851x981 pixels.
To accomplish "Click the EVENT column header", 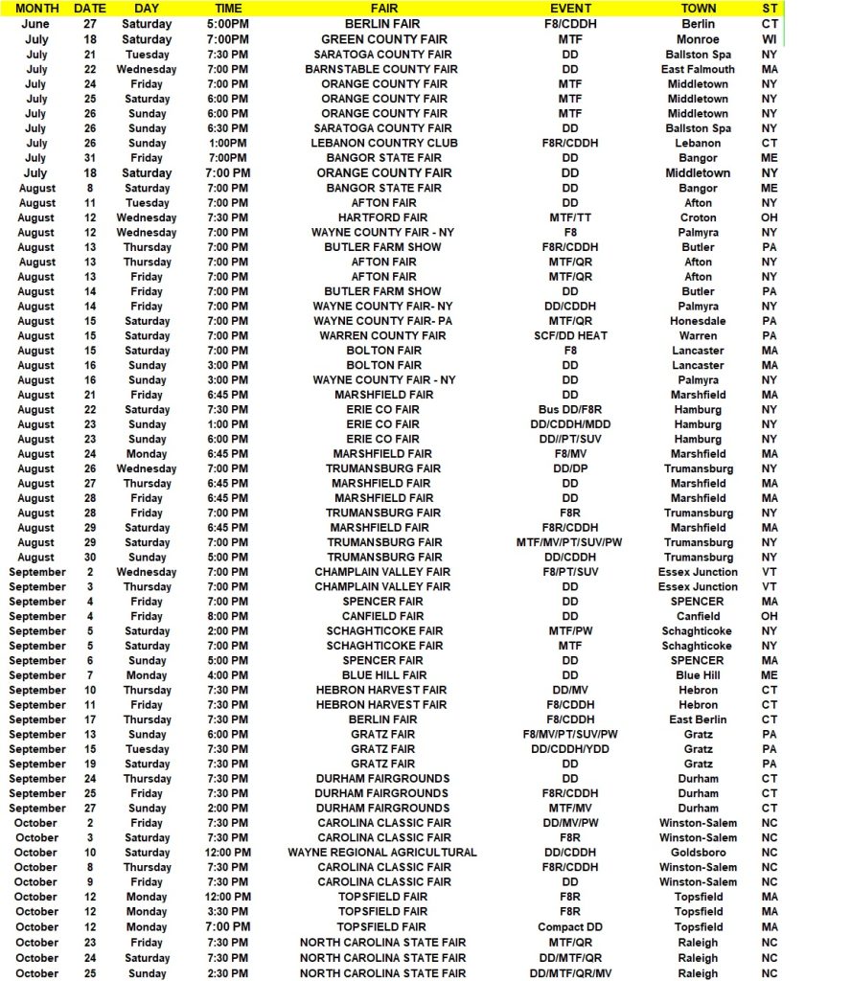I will coord(569,8).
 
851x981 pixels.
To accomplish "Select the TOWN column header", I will coord(698,8).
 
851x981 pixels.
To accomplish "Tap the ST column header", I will coord(770,8).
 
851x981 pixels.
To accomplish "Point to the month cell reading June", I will coord(36,24).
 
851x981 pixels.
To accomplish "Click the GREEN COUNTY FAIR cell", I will coord(383,39).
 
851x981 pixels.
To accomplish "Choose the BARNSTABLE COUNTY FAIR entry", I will coord(380,69).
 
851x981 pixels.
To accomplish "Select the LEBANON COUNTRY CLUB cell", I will coord(383,143).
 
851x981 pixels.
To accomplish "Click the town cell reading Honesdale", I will coord(698,321).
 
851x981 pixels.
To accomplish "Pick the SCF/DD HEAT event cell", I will coord(570,335).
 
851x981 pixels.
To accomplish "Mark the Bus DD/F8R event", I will coord(570,409).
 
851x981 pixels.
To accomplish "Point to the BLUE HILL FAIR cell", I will coord(383,675).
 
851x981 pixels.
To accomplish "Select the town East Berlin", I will coord(698,719).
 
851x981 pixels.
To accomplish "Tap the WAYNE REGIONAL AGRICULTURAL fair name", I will coord(382,852).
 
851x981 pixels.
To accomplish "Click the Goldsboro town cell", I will coord(698,852).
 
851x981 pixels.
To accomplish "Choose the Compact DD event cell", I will coord(570,926).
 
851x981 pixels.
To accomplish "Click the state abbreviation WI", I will coord(770,39).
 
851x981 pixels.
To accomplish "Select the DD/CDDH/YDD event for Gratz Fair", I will coord(570,749).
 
